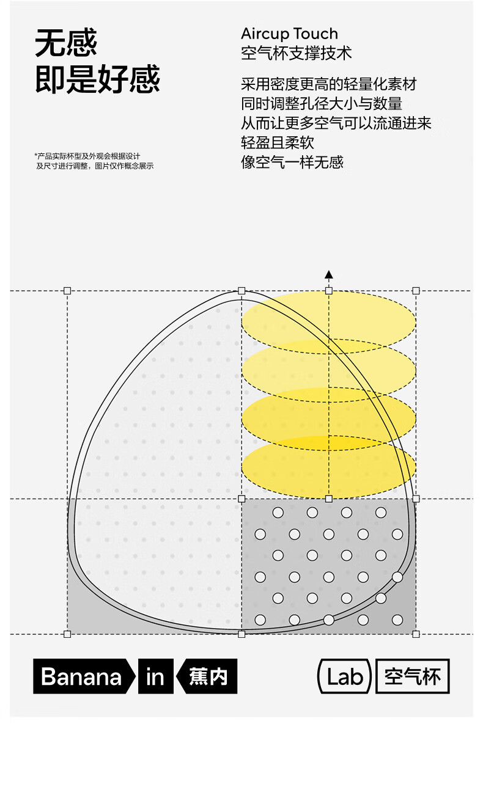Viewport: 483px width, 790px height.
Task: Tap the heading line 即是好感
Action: pyautogui.click(x=97, y=80)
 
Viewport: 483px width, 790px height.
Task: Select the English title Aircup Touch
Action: pyautogui.click(x=289, y=34)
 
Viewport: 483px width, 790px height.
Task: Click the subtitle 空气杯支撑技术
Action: pyautogui.click(x=297, y=53)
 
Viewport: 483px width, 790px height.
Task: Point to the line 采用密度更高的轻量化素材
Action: pyautogui.click(x=328, y=84)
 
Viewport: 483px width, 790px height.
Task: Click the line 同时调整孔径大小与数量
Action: pyautogui.click(x=322, y=104)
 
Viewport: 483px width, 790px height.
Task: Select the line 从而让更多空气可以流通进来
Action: pyautogui.click(x=336, y=123)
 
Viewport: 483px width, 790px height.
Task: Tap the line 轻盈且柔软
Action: pyautogui.click(x=278, y=143)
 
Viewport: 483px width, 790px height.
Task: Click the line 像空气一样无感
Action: pyautogui.click(x=292, y=163)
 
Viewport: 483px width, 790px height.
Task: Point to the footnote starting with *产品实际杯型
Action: pyautogui.click(x=94, y=161)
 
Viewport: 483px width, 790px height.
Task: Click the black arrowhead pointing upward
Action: pyautogui.click(x=329, y=274)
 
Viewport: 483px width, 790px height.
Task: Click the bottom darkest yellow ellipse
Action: pyautogui.click(x=329, y=467)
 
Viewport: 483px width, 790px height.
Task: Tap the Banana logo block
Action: pyautogui.click(x=83, y=676)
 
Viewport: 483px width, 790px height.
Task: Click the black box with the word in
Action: pyautogui.click(x=155, y=676)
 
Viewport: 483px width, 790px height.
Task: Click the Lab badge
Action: pyautogui.click(x=345, y=676)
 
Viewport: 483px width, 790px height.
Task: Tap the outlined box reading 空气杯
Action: pyautogui.click(x=412, y=676)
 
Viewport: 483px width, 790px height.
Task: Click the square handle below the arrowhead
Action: pyautogui.click(x=329, y=290)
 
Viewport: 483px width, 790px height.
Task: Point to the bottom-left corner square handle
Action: pyautogui.click(x=67, y=634)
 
